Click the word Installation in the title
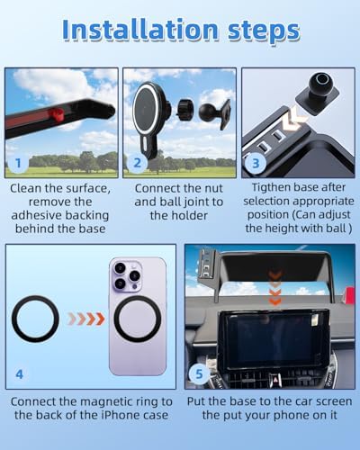click(x=140, y=30)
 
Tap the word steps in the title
click(x=264, y=31)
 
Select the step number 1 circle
click(x=18, y=163)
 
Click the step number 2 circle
click(x=137, y=163)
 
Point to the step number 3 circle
click(x=256, y=164)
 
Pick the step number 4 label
click(x=19, y=374)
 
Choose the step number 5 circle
click(x=199, y=374)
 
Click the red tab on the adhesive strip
click(x=56, y=114)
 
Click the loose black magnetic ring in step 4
click(x=35, y=319)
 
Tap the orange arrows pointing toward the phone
click(x=86, y=319)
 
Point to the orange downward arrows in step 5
click(x=274, y=287)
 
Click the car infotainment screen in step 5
click(x=274, y=340)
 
